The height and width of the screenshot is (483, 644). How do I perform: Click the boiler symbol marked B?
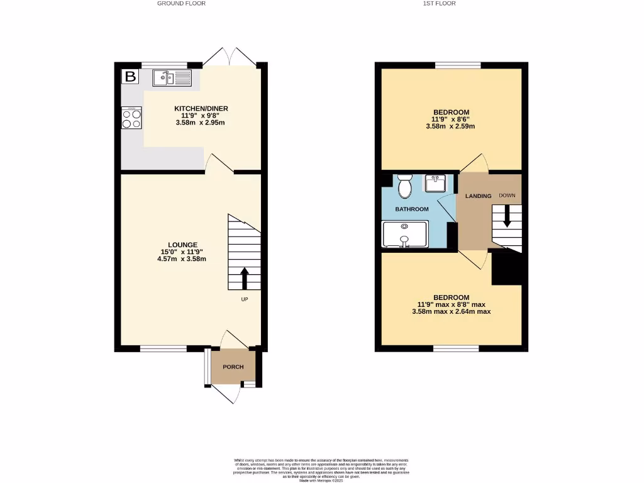(130, 77)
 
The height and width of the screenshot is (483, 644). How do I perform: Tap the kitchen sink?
(171, 78)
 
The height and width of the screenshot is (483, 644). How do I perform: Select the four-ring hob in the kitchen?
(131, 118)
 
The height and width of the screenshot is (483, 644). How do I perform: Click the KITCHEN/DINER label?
(201, 109)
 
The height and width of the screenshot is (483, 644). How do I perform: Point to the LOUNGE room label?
(182, 245)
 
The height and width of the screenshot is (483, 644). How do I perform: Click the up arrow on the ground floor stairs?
(244, 277)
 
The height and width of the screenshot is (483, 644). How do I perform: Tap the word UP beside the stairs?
(244, 299)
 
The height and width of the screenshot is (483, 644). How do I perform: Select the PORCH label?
(233, 367)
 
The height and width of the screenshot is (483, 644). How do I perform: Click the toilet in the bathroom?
(404, 186)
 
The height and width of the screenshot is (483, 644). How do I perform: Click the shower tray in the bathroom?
(404, 233)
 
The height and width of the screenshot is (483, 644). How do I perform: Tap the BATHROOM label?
(411, 209)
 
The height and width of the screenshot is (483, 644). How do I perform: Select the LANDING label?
(478, 196)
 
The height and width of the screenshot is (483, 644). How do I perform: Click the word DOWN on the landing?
(507, 196)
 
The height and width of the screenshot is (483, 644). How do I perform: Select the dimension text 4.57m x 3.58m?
(182, 258)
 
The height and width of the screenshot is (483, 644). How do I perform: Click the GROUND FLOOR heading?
(181, 4)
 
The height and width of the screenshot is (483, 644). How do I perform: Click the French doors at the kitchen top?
(231, 57)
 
